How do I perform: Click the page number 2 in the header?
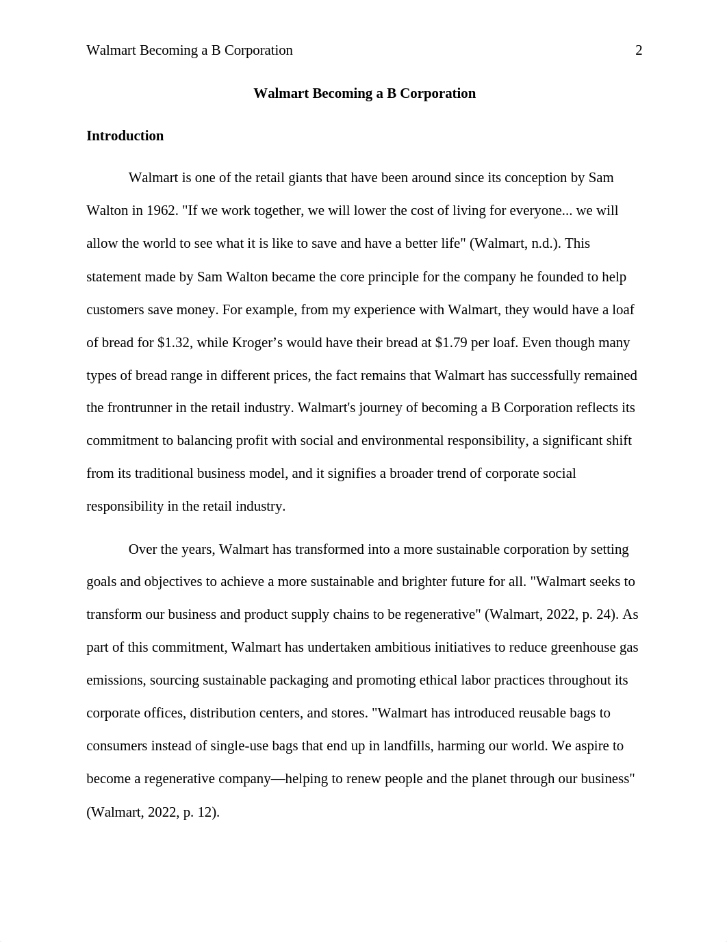(x=639, y=51)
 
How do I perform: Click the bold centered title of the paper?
(x=364, y=94)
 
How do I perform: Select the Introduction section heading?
(x=125, y=136)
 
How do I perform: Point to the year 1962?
(x=161, y=211)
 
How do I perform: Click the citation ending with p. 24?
(x=551, y=615)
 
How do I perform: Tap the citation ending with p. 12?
(x=153, y=813)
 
